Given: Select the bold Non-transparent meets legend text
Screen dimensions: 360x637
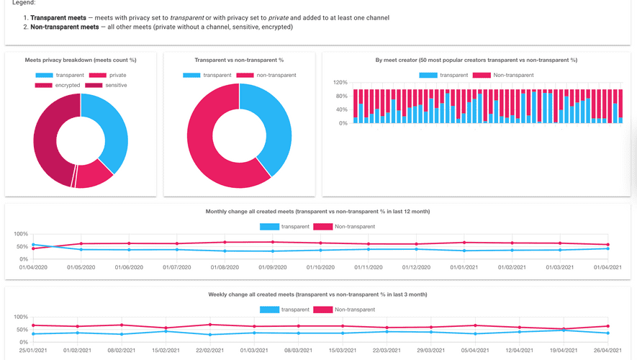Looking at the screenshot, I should tap(65, 27).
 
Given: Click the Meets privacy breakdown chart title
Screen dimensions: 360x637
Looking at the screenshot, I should tap(81, 60).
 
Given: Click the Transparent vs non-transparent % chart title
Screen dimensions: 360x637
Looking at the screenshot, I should tap(239, 60).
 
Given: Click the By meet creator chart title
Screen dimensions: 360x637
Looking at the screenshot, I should tap(476, 60).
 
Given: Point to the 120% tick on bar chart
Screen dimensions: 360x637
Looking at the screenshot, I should tap(340, 82).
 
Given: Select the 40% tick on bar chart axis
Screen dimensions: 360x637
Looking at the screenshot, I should tap(342, 109).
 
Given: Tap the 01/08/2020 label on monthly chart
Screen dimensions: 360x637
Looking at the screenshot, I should tap(225, 267).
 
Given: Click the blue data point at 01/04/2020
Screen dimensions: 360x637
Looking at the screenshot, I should tap(33, 245).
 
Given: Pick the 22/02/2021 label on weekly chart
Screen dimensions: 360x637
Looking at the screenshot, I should tap(210, 351).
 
